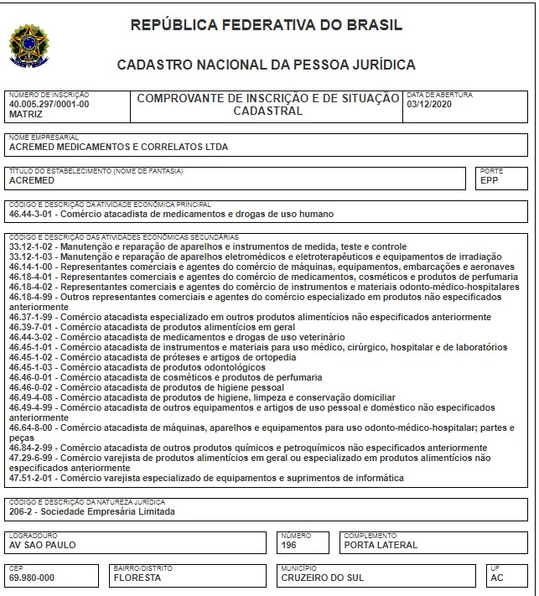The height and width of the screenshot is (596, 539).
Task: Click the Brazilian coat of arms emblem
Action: (x=29, y=44)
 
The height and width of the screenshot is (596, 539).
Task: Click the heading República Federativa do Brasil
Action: (x=267, y=25)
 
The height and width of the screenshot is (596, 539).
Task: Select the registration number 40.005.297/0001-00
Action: (x=48, y=103)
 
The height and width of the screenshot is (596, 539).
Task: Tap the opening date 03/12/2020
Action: (x=429, y=103)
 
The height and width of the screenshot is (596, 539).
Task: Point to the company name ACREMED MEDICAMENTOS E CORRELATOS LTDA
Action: (x=117, y=147)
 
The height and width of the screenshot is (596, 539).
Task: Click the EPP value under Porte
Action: (x=490, y=180)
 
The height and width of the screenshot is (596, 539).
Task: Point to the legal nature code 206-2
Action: (x=21, y=511)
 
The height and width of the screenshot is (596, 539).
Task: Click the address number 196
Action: (x=290, y=545)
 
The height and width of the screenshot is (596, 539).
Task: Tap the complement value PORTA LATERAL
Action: (x=381, y=545)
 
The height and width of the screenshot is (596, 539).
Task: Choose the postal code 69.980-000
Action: (x=32, y=578)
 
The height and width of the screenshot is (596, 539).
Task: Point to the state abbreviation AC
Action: (x=499, y=578)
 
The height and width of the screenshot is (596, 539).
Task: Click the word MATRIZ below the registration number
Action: (x=25, y=112)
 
